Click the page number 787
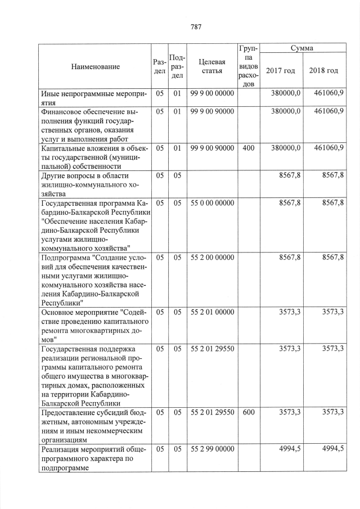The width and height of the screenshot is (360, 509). pyautogui.click(x=196, y=26)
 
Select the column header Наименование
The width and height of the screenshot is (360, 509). pyautogui.click(x=95, y=67)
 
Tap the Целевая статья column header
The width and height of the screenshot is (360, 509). pyautogui.click(x=211, y=66)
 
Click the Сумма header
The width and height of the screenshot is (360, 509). pyautogui.click(x=302, y=48)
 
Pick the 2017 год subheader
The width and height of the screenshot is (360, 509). pyautogui.click(x=280, y=70)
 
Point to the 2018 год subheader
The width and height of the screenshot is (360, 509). pyautogui.click(x=323, y=70)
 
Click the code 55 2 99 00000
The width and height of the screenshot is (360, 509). pyautogui.click(x=211, y=448)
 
